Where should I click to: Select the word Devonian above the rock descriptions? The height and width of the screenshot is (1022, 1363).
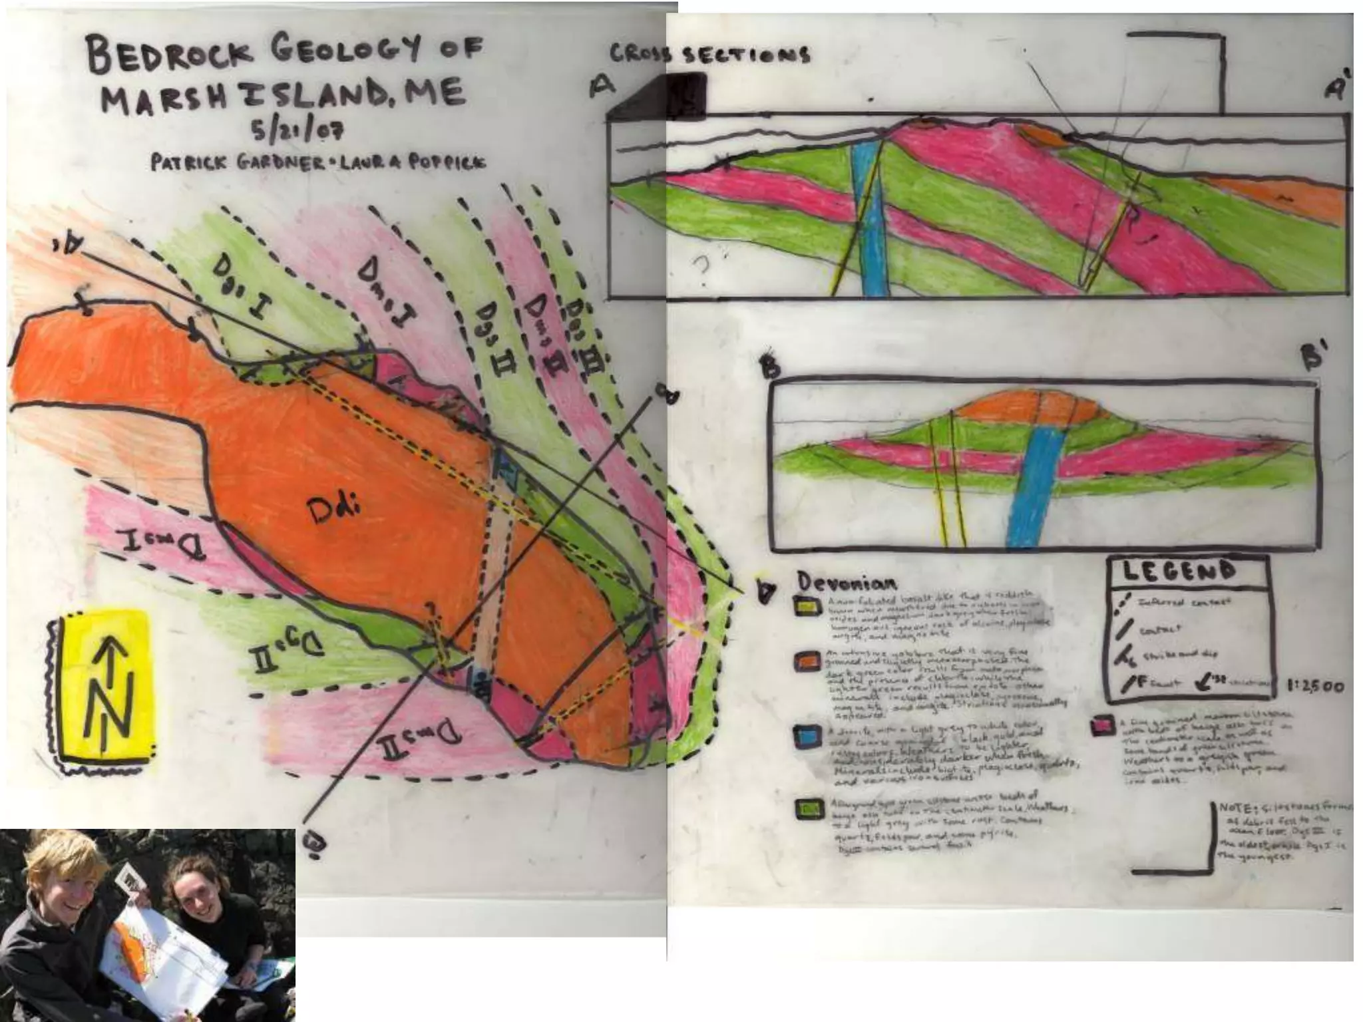coord(847,584)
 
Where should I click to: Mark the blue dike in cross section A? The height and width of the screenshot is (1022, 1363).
coord(870,220)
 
